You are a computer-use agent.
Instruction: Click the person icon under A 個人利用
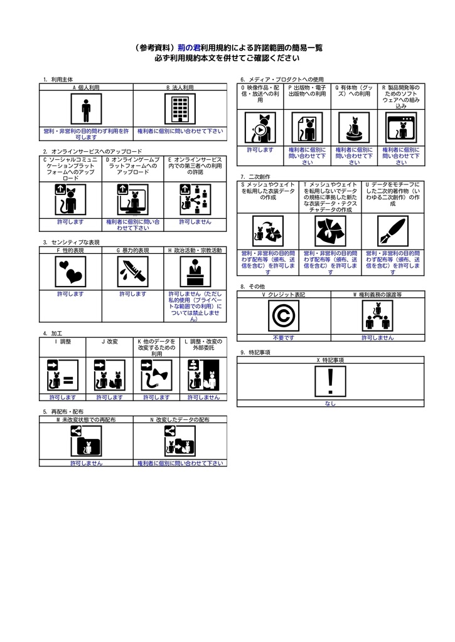86,109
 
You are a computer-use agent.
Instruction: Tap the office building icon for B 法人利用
180,109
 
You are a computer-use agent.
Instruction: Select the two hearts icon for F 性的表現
70,271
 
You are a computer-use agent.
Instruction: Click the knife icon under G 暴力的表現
133,271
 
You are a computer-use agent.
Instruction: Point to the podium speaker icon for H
195,271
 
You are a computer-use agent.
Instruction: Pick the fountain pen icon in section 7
393,231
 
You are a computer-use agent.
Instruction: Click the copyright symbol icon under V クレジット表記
284,316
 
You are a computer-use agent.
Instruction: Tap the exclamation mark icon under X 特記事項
330,382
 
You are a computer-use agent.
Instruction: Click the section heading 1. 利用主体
58,80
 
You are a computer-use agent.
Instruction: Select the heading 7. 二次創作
255,177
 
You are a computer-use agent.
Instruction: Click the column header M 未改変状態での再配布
86,419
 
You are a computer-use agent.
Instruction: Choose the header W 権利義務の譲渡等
378,295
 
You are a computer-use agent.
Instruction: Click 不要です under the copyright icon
284,338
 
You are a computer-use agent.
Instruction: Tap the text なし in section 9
330,403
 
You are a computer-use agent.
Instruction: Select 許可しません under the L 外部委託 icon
204,397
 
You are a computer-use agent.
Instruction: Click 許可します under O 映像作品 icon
260,150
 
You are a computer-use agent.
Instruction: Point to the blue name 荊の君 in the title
189,48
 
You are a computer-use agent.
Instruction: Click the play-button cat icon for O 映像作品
260,128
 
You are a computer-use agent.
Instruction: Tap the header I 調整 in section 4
63,342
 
